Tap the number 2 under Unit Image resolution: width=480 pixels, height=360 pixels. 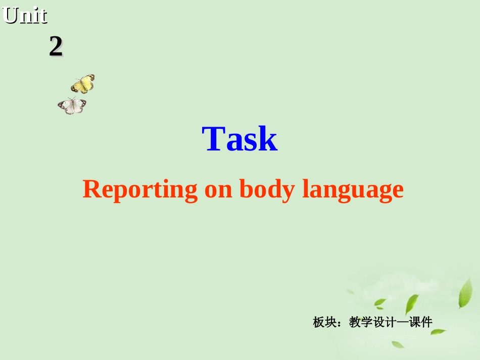pos(56,47)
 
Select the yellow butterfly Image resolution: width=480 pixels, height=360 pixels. pos(83,84)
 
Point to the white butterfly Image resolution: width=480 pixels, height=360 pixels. pos(72,106)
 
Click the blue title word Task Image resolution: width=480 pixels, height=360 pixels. pos(239,139)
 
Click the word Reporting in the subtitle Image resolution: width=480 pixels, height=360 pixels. pos(140,190)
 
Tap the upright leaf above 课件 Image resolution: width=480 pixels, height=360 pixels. pos(411,304)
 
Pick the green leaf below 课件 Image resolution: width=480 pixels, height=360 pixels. pos(438,332)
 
